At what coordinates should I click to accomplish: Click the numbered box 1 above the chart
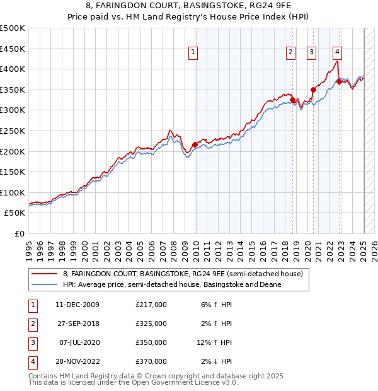(193, 52)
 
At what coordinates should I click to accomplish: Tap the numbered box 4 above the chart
(338, 52)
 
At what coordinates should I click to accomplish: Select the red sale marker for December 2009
(195, 144)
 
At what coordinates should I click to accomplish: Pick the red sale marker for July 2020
(313, 90)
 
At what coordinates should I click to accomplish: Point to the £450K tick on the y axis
(13, 49)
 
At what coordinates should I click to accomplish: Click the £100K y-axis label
(13, 192)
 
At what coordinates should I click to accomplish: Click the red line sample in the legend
(44, 274)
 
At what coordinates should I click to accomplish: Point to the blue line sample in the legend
(44, 284)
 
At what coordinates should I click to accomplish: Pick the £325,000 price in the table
(151, 324)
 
